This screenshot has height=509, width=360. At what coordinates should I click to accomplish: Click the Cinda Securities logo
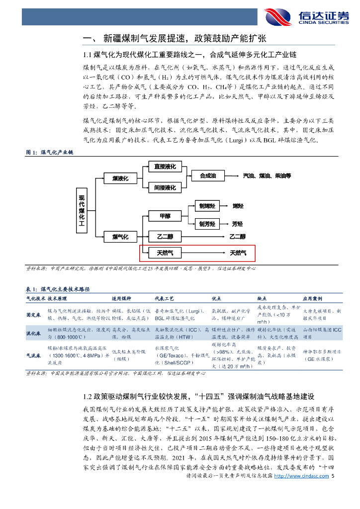306,16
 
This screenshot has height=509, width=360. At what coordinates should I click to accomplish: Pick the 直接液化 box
165,167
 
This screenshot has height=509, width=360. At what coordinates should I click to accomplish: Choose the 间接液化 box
165,188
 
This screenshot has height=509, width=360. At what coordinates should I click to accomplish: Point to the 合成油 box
208,176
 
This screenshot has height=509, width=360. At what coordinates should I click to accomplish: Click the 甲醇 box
165,216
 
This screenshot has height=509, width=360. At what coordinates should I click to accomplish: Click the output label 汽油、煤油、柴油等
267,176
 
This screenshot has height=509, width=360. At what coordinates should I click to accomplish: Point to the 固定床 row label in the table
33,315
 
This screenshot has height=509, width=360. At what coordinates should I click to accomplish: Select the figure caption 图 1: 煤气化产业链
49,153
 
